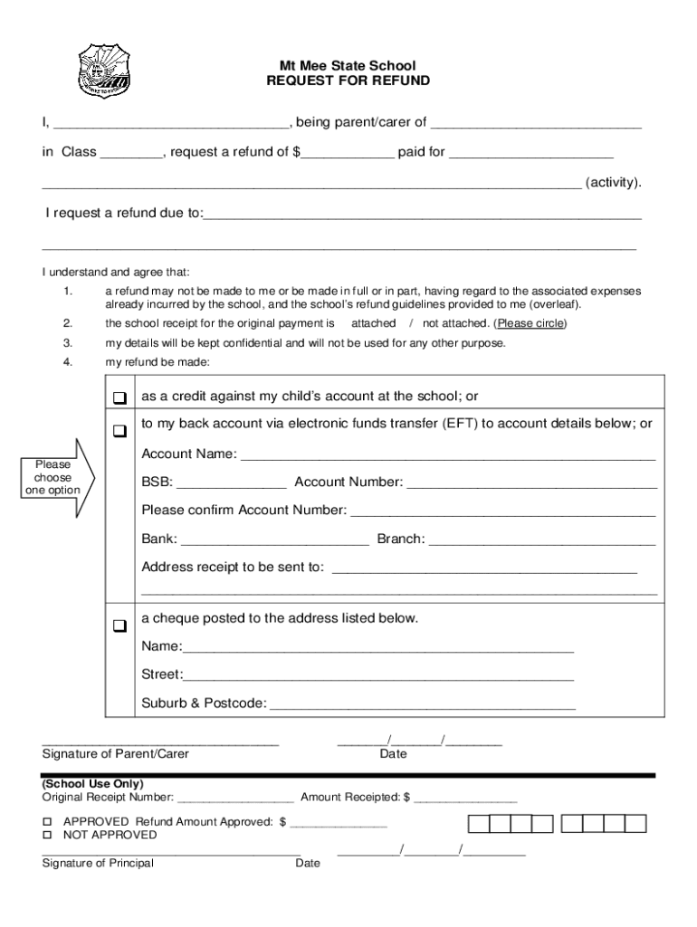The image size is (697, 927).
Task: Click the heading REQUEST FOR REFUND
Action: click(348, 81)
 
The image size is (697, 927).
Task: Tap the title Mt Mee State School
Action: click(348, 66)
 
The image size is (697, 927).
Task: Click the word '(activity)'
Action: click(614, 183)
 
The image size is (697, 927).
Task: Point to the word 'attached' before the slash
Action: click(373, 323)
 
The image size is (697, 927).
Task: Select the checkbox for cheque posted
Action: click(119, 625)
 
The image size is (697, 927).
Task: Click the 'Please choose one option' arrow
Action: click(54, 477)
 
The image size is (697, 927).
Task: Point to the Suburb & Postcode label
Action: click(204, 702)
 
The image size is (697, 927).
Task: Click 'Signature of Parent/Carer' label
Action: click(116, 754)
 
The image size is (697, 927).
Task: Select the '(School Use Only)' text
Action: click(92, 784)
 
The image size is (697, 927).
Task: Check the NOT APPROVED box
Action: click(48, 835)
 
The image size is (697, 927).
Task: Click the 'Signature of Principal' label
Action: click(98, 864)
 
